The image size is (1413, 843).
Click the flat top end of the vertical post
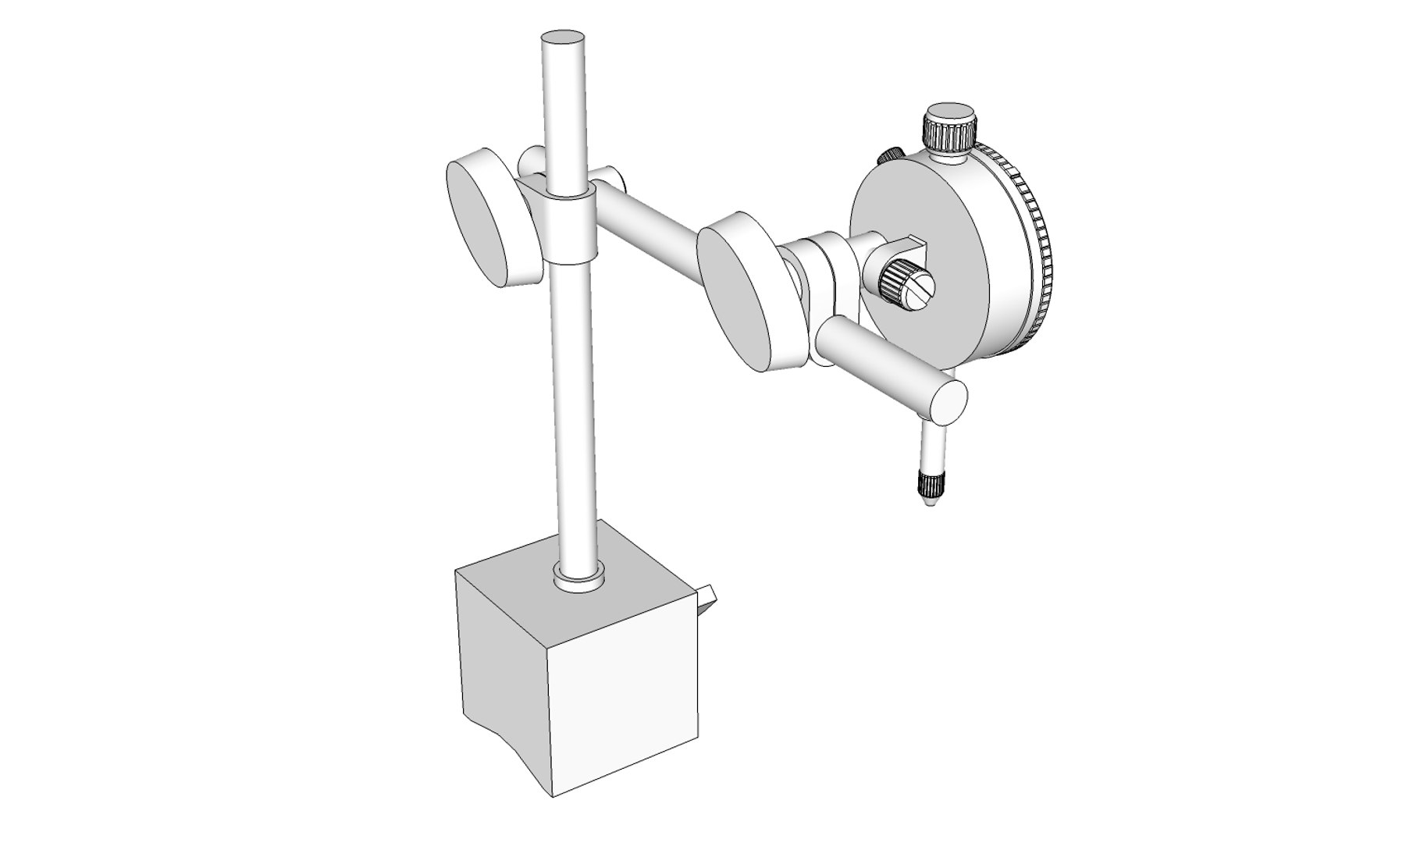tap(562, 37)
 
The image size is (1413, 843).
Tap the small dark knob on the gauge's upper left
tap(890, 156)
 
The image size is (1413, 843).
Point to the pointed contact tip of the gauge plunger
tap(929, 504)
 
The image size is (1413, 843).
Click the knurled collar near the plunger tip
tap(929, 484)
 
